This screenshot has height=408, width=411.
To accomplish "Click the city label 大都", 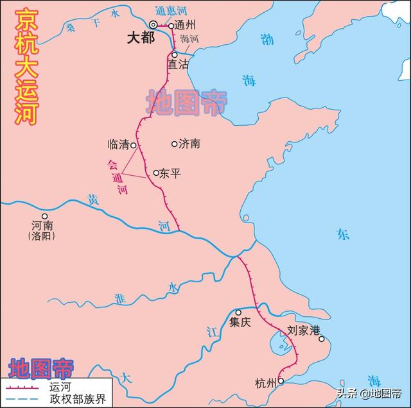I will click(140, 38).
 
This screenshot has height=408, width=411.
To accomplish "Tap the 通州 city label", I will click(186, 26).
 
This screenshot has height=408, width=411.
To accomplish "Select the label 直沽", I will click(179, 65).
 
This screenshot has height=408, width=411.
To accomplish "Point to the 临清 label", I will click(119, 146).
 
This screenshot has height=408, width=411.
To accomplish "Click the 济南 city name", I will click(189, 144).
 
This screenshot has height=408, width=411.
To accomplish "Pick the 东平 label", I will click(170, 173).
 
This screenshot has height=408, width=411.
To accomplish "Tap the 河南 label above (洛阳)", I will click(42, 226).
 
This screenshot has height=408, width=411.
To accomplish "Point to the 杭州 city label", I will click(265, 384).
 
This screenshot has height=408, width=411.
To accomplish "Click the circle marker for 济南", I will click(175, 144).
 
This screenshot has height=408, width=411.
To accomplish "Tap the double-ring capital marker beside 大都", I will click(153, 24).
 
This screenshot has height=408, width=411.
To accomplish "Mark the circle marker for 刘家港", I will click(322, 339).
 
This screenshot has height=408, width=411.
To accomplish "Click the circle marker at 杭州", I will click(281, 380).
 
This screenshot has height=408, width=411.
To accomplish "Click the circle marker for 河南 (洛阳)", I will click(44, 216).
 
